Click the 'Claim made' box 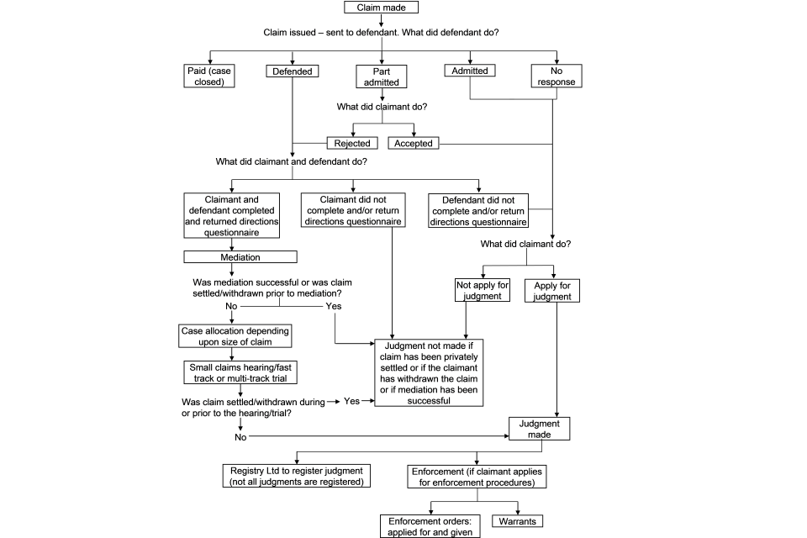381,8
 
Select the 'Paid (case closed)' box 208,76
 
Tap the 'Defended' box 293,71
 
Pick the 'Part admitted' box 382,76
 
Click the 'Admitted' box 470,71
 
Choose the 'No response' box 556,76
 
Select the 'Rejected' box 351,143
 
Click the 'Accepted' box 413,143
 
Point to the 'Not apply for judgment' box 482,290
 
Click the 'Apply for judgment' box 552,290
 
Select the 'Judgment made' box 540,429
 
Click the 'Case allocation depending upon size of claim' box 236,336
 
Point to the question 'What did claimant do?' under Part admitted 382,107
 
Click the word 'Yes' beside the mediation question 334,307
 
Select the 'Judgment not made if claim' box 430,373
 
